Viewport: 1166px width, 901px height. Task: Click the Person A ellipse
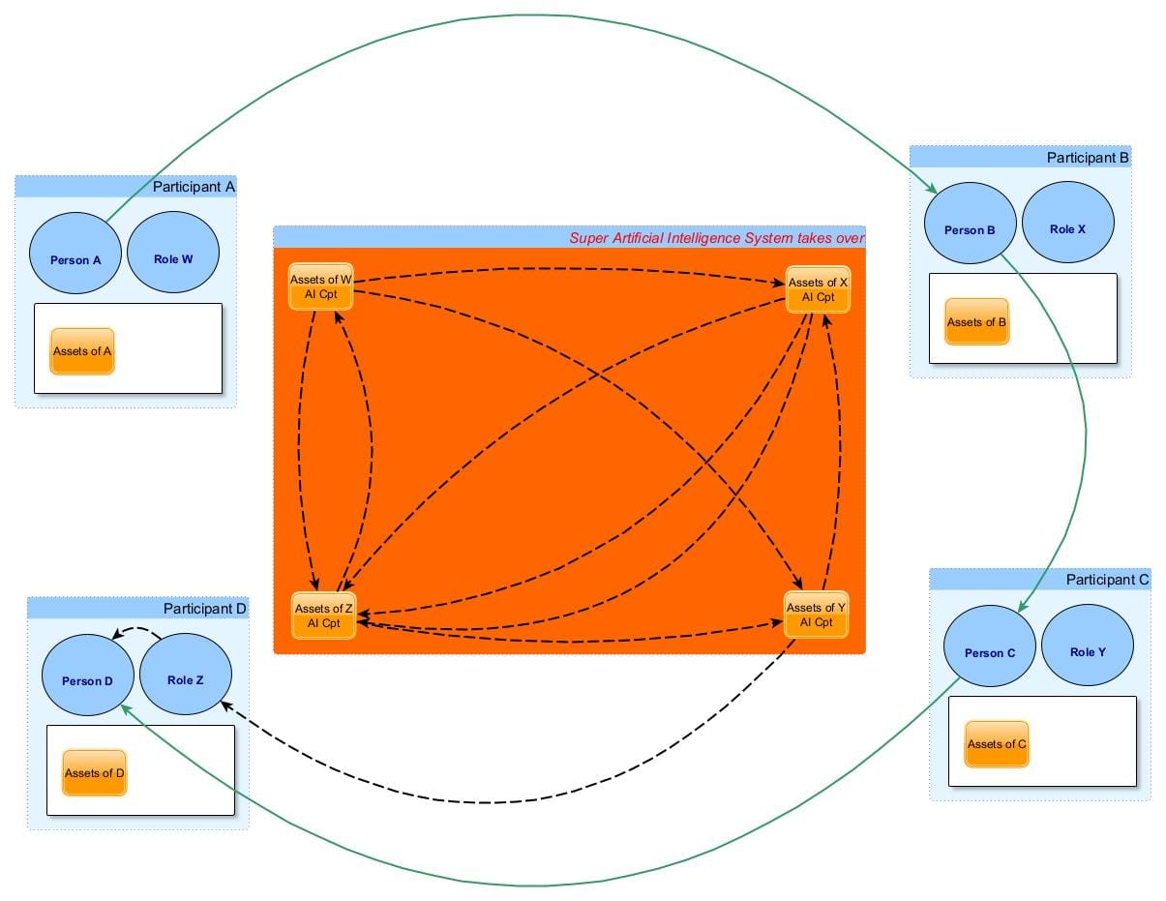coord(75,258)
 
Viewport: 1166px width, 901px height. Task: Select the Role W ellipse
coord(173,258)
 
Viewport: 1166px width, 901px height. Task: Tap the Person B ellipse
coord(971,229)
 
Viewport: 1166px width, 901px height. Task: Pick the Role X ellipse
coord(1068,229)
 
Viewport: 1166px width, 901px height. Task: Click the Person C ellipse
coord(990,652)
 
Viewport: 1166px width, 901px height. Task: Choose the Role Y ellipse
coord(1088,651)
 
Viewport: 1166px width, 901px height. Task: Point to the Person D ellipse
coord(88,680)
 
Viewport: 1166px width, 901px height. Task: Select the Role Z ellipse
coord(186,679)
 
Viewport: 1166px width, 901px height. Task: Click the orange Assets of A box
coord(82,351)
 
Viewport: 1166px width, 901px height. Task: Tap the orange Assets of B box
coord(976,322)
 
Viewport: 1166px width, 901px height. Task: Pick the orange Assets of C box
coord(997,744)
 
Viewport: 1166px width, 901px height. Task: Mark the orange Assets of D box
coord(95,773)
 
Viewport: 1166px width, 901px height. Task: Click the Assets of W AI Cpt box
coord(320,287)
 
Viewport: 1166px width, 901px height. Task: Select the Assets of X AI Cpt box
coord(818,289)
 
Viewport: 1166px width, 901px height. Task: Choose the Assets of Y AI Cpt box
coord(816,615)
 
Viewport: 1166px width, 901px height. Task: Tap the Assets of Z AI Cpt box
coord(323,616)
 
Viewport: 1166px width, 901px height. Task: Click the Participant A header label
coord(194,187)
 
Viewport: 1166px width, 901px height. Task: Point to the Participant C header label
coord(1107,580)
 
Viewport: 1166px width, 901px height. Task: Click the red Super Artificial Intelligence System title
coord(716,237)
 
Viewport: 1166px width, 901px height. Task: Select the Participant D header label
coord(205,609)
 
